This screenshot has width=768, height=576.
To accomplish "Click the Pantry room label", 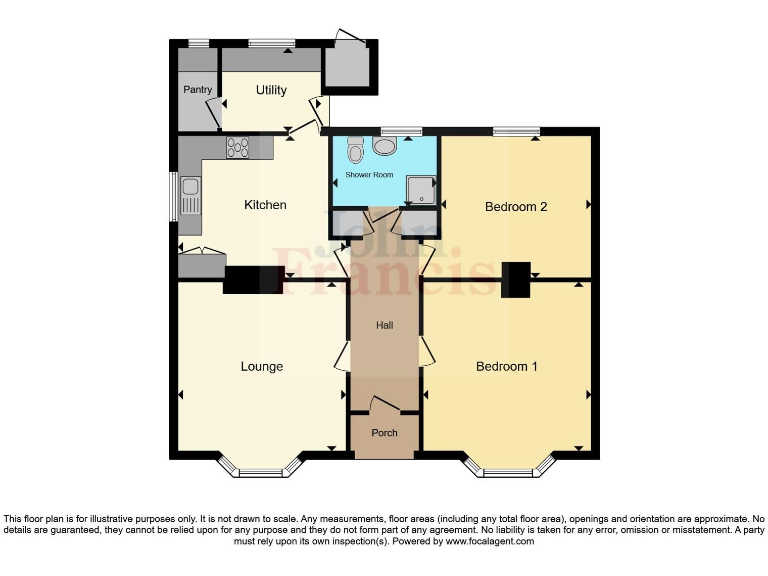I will (x=196, y=89).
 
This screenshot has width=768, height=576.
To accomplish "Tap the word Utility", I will (x=271, y=90).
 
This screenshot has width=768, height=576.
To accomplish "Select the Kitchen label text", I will (x=265, y=205).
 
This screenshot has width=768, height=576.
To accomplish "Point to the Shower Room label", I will (x=370, y=175).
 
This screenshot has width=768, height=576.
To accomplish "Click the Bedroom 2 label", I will (x=516, y=207).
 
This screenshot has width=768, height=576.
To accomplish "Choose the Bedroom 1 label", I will (x=506, y=366).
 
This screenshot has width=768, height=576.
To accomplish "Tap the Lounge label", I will (x=262, y=366).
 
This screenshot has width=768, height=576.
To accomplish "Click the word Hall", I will (x=385, y=326).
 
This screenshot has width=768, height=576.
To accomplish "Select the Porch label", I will (x=384, y=433).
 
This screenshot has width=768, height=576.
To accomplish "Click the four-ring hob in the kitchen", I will (x=238, y=148).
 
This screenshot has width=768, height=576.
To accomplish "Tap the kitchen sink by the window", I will (x=190, y=196).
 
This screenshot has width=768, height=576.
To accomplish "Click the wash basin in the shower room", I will (x=384, y=147).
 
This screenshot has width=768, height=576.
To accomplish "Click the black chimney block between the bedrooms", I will (x=516, y=279).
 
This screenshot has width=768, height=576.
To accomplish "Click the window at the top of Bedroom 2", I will (x=516, y=130).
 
